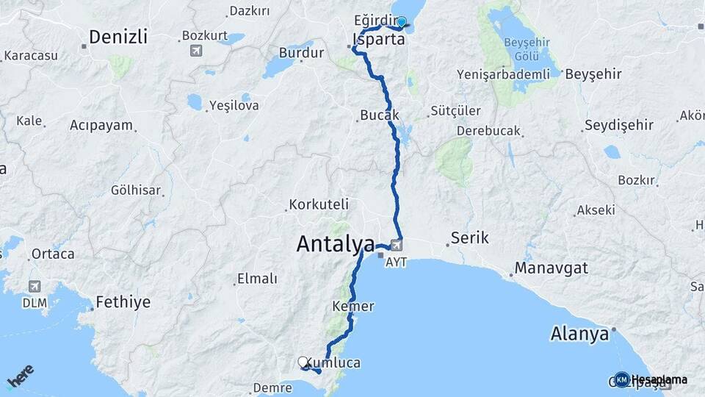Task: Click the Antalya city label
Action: [335, 244]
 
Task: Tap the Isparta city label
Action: [378, 40]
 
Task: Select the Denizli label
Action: [117, 37]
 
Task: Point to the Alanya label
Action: [580, 335]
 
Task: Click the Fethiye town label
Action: [123, 302]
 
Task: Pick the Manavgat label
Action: [551, 268]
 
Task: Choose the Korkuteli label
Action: [319, 204]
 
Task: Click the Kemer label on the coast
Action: [353, 306]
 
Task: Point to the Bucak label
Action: [379, 115]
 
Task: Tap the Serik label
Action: [469, 238]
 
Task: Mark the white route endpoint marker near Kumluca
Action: [303, 362]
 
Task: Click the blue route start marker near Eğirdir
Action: [402, 22]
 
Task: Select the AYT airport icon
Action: [397, 245]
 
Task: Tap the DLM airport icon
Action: [35, 286]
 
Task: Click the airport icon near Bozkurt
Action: [195, 50]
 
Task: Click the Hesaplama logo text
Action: [659, 380]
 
